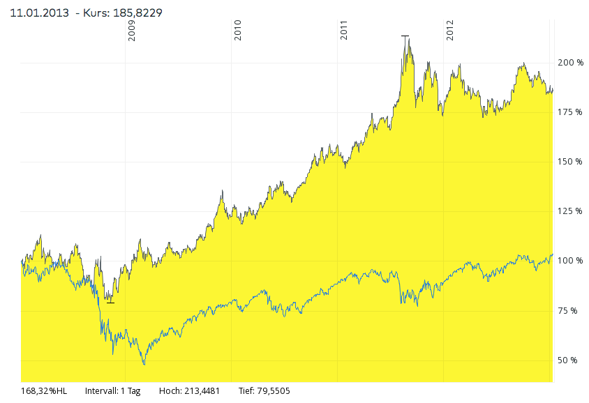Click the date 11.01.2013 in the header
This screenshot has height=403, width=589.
click(x=39, y=13)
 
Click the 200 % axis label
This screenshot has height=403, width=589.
click(x=570, y=63)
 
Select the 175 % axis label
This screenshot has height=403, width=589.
click(x=570, y=112)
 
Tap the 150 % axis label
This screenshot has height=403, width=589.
click(x=570, y=162)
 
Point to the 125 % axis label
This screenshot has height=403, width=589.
click(x=570, y=211)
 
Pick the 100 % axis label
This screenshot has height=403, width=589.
click(x=570, y=261)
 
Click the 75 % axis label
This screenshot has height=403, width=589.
click(x=568, y=310)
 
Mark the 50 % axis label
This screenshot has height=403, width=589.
click(x=568, y=360)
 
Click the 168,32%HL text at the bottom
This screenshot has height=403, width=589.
click(x=45, y=391)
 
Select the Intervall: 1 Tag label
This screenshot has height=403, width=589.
click(x=112, y=391)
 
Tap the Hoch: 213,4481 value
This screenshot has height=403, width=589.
click(x=189, y=391)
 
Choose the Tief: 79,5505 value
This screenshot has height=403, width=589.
click(x=264, y=391)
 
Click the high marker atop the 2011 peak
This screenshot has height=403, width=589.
click(x=405, y=36)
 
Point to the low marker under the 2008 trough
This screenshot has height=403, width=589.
click(x=110, y=302)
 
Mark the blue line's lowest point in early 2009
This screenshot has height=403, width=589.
click(x=144, y=364)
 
